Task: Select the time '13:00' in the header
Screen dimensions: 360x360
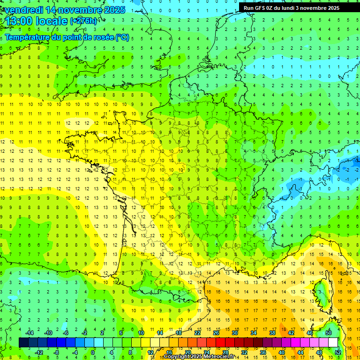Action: coord(19,21)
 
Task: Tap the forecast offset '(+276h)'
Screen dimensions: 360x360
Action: coord(84,21)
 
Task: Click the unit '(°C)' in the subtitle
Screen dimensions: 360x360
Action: coord(122,37)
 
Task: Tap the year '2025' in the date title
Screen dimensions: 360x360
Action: coord(114,10)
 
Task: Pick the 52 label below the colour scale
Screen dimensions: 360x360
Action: coord(338,352)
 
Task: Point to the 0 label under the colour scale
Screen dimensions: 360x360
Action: coord(93,352)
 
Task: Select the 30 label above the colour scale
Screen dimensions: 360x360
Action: coord(234,333)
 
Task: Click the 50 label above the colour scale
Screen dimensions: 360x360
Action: coord(329,333)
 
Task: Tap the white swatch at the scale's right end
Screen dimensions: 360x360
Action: coord(333,343)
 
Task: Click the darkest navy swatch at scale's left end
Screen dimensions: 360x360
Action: coord(23,343)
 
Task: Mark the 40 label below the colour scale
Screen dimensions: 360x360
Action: coord(281,352)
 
